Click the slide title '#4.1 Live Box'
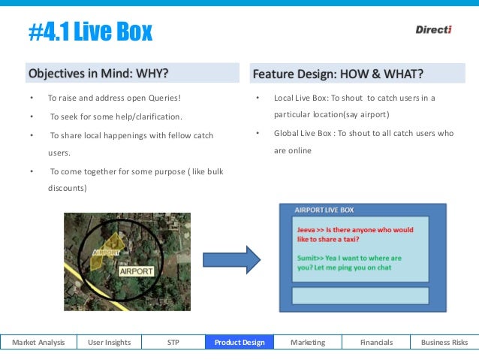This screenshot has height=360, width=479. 90,31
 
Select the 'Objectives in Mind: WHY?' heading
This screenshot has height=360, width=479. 98,74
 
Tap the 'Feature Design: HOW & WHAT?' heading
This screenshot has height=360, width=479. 338,74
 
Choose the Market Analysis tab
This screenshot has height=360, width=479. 38,343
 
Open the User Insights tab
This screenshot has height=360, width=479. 110,343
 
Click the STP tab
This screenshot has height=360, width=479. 173,343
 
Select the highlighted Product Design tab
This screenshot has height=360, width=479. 239,343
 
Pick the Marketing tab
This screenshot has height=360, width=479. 308,343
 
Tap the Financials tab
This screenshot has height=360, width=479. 376,343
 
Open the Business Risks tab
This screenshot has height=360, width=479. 444,343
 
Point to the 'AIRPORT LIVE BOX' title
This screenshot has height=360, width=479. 324,210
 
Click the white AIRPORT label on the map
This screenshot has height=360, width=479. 136,271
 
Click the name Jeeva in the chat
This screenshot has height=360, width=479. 307,230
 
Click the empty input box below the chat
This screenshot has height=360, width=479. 360,295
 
